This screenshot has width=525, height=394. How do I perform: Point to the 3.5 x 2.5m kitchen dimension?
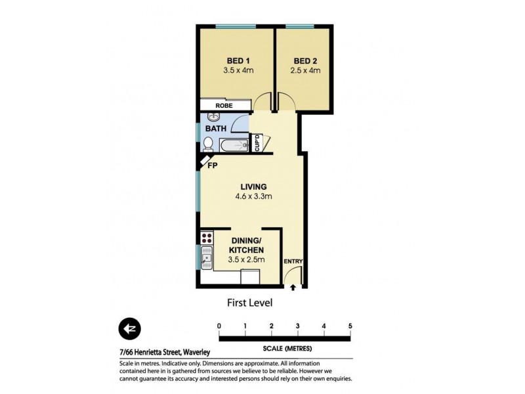[x=246, y=260]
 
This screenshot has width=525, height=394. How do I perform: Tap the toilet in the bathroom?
[x=207, y=144]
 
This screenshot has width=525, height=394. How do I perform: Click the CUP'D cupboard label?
[x=258, y=143]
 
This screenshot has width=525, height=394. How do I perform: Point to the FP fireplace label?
[x=212, y=166]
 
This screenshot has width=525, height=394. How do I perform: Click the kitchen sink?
[x=206, y=258]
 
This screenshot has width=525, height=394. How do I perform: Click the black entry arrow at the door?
[x=293, y=286]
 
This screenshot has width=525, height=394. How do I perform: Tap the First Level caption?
[x=249, y=303]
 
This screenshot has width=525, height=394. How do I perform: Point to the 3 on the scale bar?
[x=297, y=326]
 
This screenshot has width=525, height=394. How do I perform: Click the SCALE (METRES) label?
[x=284, y=347]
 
